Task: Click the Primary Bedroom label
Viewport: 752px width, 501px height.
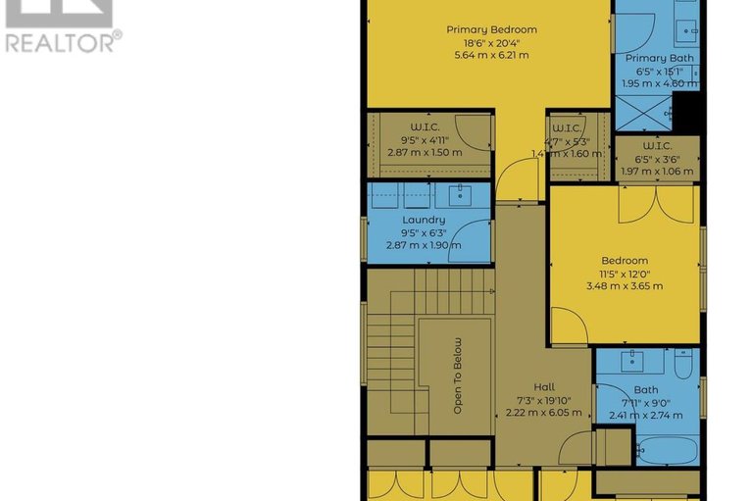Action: pyautogui.click(x=491, y=29)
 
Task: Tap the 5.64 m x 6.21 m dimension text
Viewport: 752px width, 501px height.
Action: pyautogui.click(x=491, y=55)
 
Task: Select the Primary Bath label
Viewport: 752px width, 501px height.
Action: pyautogui.click(x=659, y=59)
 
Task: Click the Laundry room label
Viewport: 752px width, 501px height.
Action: pyautogui.click(x=424, y=220)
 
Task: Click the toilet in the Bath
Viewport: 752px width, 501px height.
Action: pyautogui.click(x=682, y=362)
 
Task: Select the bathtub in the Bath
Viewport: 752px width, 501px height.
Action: pyautogui.click(x=667, y=454)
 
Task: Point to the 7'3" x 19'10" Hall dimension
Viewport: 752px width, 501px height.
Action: pyautogui.click(x=544, y=400)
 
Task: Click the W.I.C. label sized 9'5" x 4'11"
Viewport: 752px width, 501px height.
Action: pyautogui.click(x=424, y=127)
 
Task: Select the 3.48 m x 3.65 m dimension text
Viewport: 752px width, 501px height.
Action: pyautogui.click(x=624, y=286)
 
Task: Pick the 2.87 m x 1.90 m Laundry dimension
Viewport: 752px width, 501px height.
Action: pyautogui.click(x=424, y=245)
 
